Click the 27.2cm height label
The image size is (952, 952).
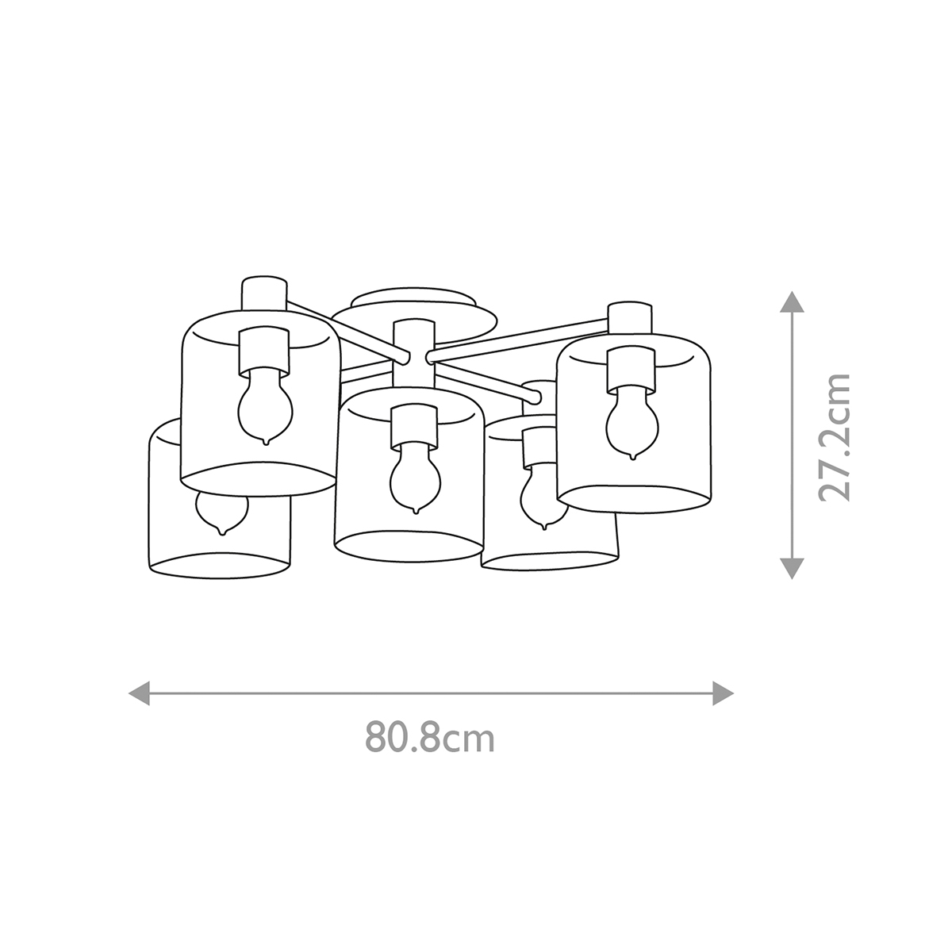tap(835, 438)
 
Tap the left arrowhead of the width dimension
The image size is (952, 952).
tap(139, 693)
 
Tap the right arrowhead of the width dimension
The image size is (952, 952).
tap(724, 693)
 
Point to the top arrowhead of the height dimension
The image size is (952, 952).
tap(792, 301)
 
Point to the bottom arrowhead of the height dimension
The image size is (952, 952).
tap(792, 569)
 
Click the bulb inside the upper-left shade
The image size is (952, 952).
tap(265, 406)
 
